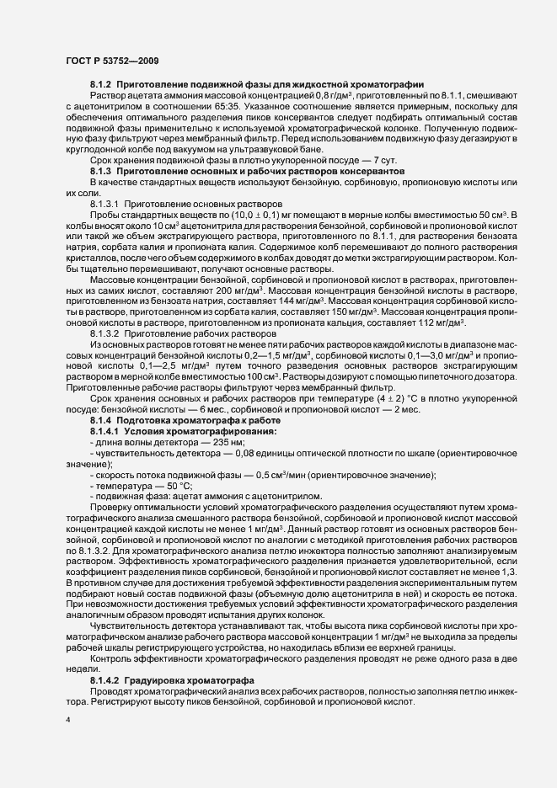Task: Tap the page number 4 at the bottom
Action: pyautogui.click(x=67, y=721)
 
